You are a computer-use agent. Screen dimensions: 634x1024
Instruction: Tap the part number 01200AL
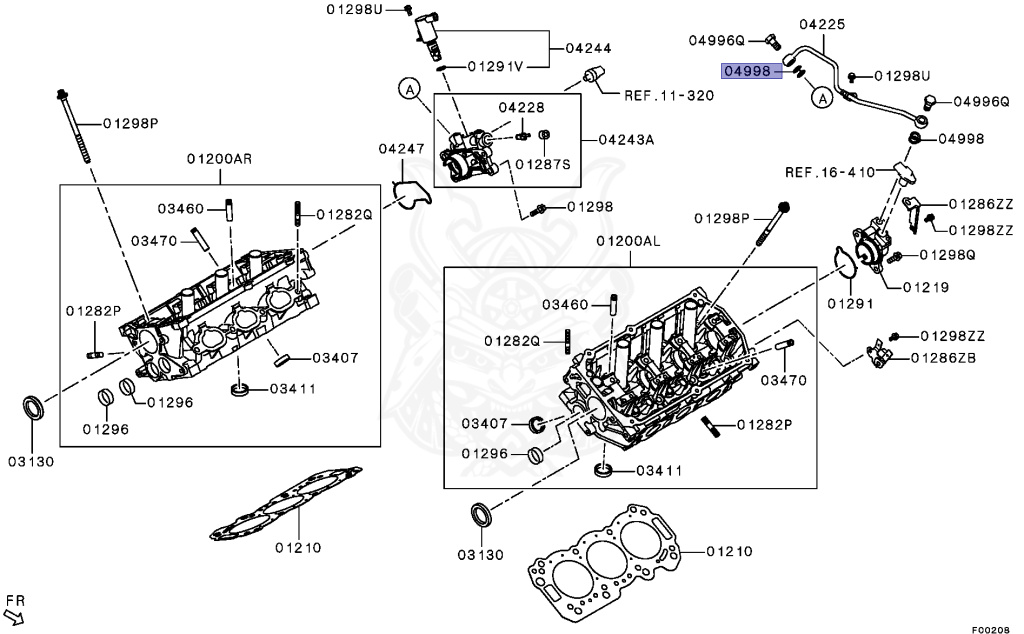coord(629,242)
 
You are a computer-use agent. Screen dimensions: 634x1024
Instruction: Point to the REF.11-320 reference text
coord(669,97)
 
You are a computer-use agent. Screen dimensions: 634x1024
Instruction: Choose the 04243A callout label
coord(626,139)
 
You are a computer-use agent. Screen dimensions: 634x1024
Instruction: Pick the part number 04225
coord(823,23)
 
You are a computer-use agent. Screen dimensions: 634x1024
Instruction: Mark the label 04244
coord(588,47)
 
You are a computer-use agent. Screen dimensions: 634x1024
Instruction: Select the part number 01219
coord(925,287)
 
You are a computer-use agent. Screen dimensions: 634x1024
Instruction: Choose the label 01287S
coord(543,163)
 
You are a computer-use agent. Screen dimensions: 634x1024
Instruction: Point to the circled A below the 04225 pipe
coord(820,98)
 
